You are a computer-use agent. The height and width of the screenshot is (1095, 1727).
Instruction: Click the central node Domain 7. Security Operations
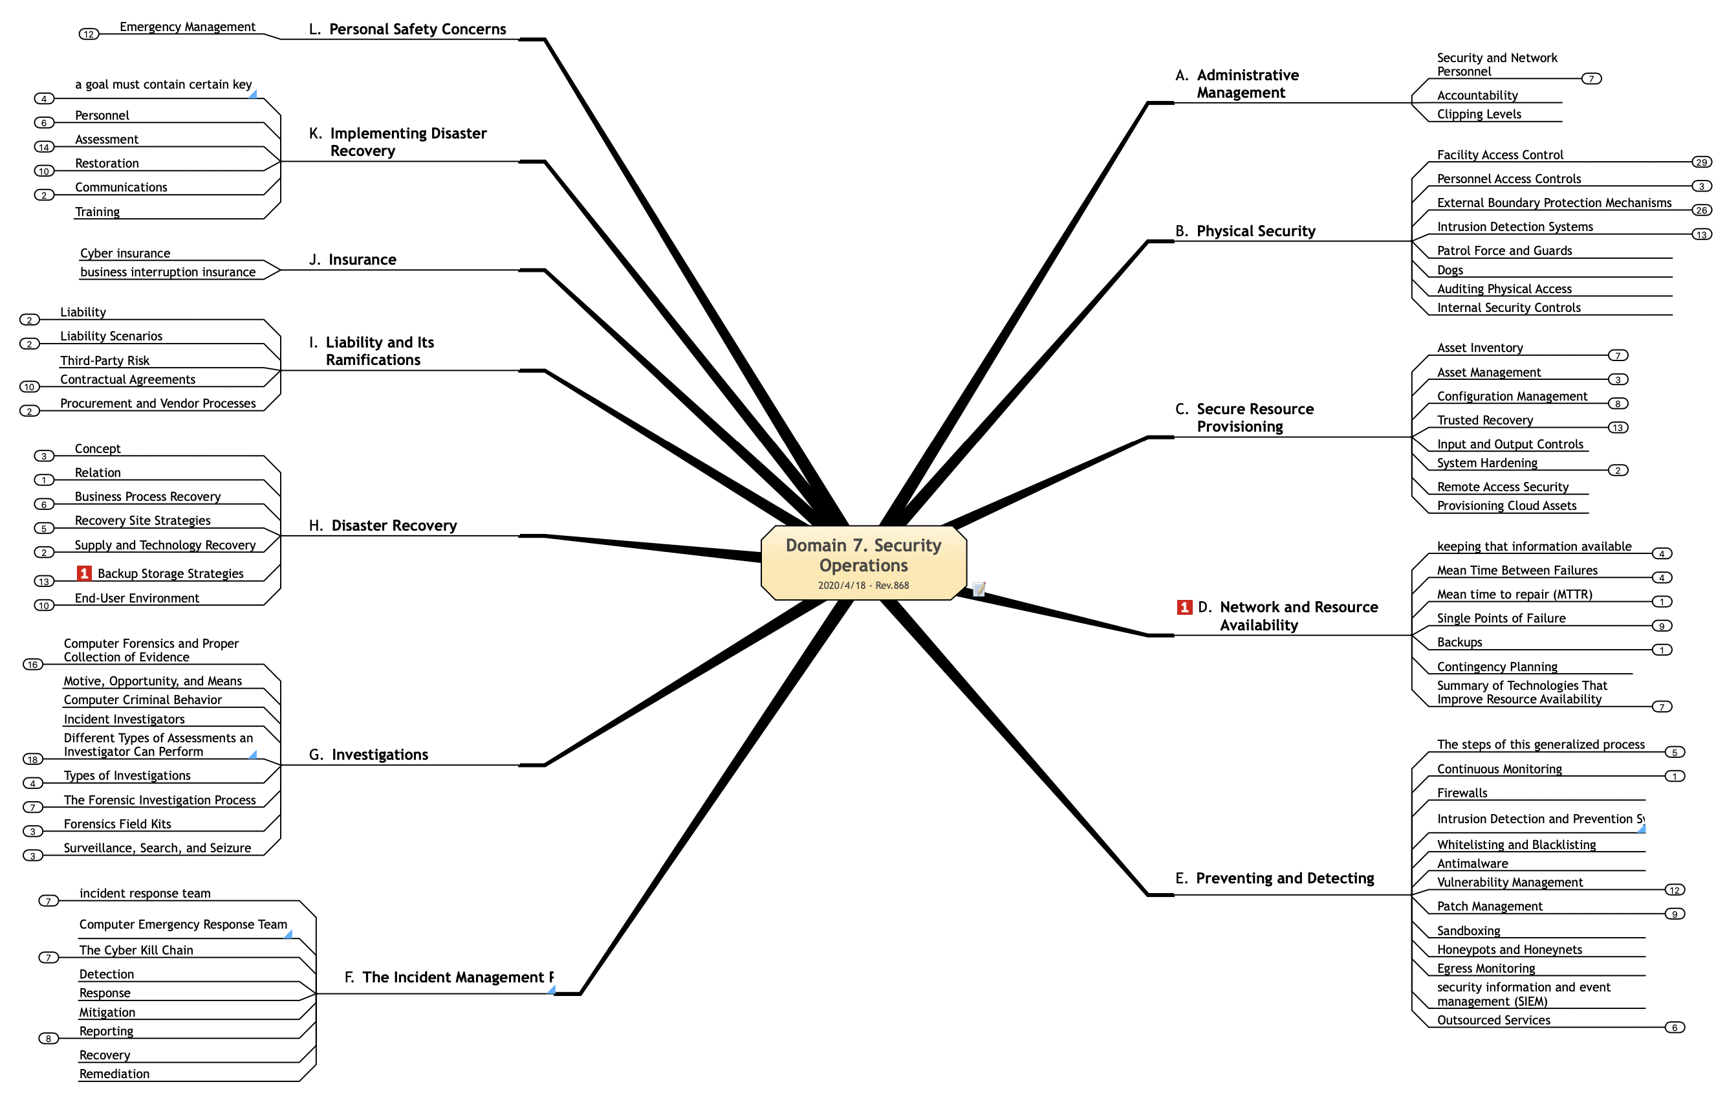863,555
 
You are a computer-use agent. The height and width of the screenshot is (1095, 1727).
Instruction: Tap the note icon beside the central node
979,589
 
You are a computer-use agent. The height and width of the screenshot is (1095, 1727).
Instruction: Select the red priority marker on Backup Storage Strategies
84,573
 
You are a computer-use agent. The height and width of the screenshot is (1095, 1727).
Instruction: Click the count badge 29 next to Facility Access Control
1701,162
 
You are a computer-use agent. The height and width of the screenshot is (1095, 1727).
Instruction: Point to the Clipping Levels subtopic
1479,114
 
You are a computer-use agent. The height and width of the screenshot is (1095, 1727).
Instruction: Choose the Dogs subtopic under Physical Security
1450,270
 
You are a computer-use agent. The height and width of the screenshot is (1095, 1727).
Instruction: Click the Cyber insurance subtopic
125,253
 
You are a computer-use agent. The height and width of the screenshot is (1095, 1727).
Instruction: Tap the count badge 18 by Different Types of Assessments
32,759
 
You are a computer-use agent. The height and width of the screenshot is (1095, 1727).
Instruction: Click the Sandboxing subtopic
1468,931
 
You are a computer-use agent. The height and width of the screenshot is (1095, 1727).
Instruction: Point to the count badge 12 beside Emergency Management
88,34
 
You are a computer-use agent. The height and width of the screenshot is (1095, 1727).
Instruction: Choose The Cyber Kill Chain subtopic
136,950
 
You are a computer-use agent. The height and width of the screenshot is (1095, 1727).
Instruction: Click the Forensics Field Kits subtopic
118,824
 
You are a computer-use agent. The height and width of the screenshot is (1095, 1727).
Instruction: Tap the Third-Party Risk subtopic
105,360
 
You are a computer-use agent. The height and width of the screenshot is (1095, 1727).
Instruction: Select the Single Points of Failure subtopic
1501,618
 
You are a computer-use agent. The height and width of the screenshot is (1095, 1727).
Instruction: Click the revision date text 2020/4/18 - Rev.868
863,586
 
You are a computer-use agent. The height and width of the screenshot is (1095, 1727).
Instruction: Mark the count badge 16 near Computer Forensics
32,665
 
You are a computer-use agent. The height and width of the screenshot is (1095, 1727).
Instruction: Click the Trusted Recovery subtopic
1484,421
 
